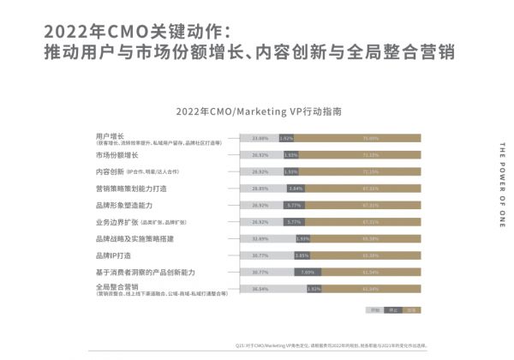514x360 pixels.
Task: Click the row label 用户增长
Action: pos(111,135)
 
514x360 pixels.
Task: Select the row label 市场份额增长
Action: pos(117,155)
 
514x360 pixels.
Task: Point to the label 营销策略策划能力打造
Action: pos(131,188)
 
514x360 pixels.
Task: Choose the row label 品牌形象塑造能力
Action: pos(124,205)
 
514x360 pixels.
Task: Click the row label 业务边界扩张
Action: pos(117,221)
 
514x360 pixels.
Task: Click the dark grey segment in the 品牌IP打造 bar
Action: pos(301,255)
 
